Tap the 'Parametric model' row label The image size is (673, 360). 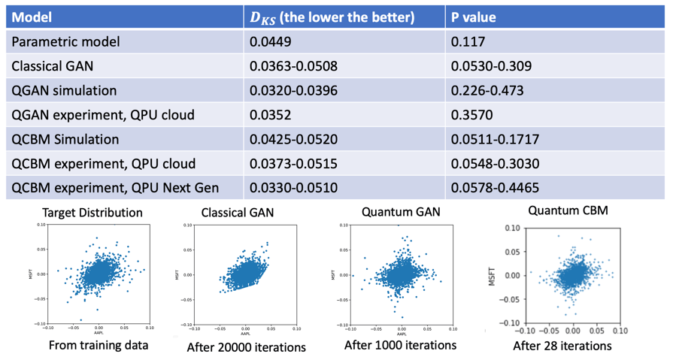point(65,42)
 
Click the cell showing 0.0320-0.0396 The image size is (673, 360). point(293,91)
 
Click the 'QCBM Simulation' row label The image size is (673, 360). point(65,139)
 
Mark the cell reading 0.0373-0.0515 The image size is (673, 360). point(293,164)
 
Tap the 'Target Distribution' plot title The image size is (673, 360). point(92,213)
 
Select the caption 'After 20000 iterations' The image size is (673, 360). point(246,347)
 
